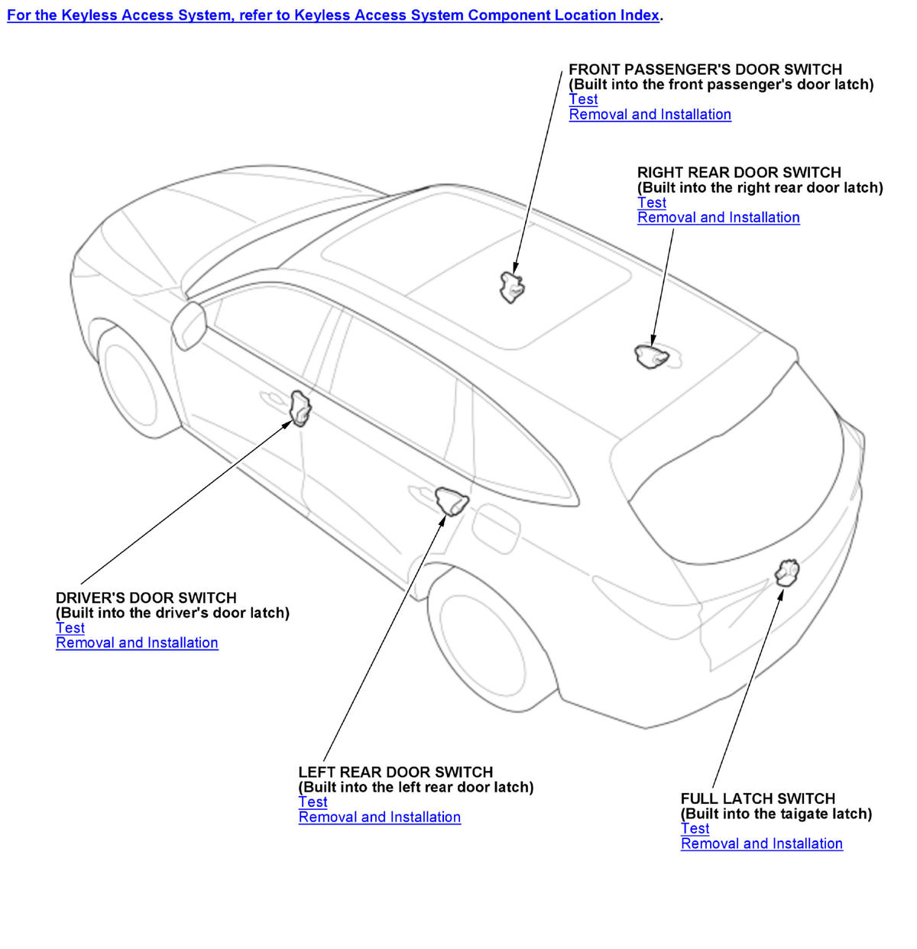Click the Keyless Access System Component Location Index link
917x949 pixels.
[334, 15]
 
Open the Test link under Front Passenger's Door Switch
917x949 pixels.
[583, 99]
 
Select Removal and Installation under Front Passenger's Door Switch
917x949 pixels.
[650, 115]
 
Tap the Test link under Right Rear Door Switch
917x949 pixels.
[652, 202]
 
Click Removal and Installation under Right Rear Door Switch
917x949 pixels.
[718, 218]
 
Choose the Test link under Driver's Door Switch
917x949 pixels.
[70, 628]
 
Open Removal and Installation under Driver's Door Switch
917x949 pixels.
[137, 643]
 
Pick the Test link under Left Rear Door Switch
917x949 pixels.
[313, 802]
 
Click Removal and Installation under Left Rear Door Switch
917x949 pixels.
[380, 818]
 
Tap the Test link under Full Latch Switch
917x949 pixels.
[695, 829]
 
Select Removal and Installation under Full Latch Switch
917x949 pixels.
[762, 844]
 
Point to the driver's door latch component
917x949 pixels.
[300, 406]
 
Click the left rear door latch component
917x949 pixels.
[451, 500]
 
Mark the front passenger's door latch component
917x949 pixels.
[510, 287]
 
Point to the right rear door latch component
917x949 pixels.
[651, 356]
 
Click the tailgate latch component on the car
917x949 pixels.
[786, 572]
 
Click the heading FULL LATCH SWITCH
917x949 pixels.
[757, 798]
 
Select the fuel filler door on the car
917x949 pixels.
[496, 527]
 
